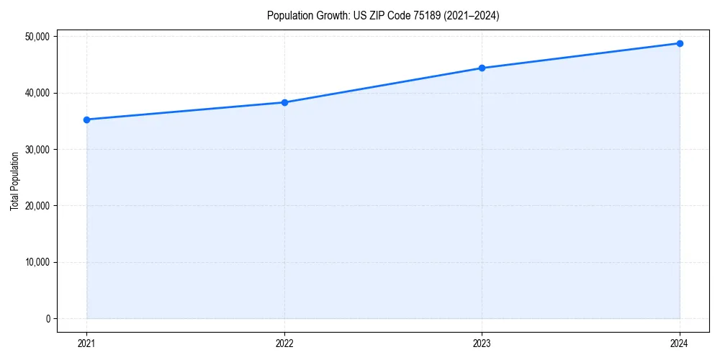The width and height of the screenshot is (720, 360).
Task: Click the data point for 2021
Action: coord(86,120)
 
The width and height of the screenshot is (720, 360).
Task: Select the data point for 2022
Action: coord(284,102)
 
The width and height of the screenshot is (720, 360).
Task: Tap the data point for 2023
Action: coord(482,68)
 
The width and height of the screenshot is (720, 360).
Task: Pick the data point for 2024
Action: coord(680,43)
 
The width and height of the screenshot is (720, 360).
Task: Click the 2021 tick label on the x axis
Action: coord(86,343)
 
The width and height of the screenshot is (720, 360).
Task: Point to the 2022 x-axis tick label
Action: coord(284,343)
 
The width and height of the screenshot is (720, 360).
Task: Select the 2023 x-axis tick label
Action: coord(482,343)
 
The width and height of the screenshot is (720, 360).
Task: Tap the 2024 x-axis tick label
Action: coord(680,343)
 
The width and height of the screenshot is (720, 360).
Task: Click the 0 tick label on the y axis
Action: coord(48,319)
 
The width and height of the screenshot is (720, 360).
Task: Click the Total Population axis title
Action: coord(14,181)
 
